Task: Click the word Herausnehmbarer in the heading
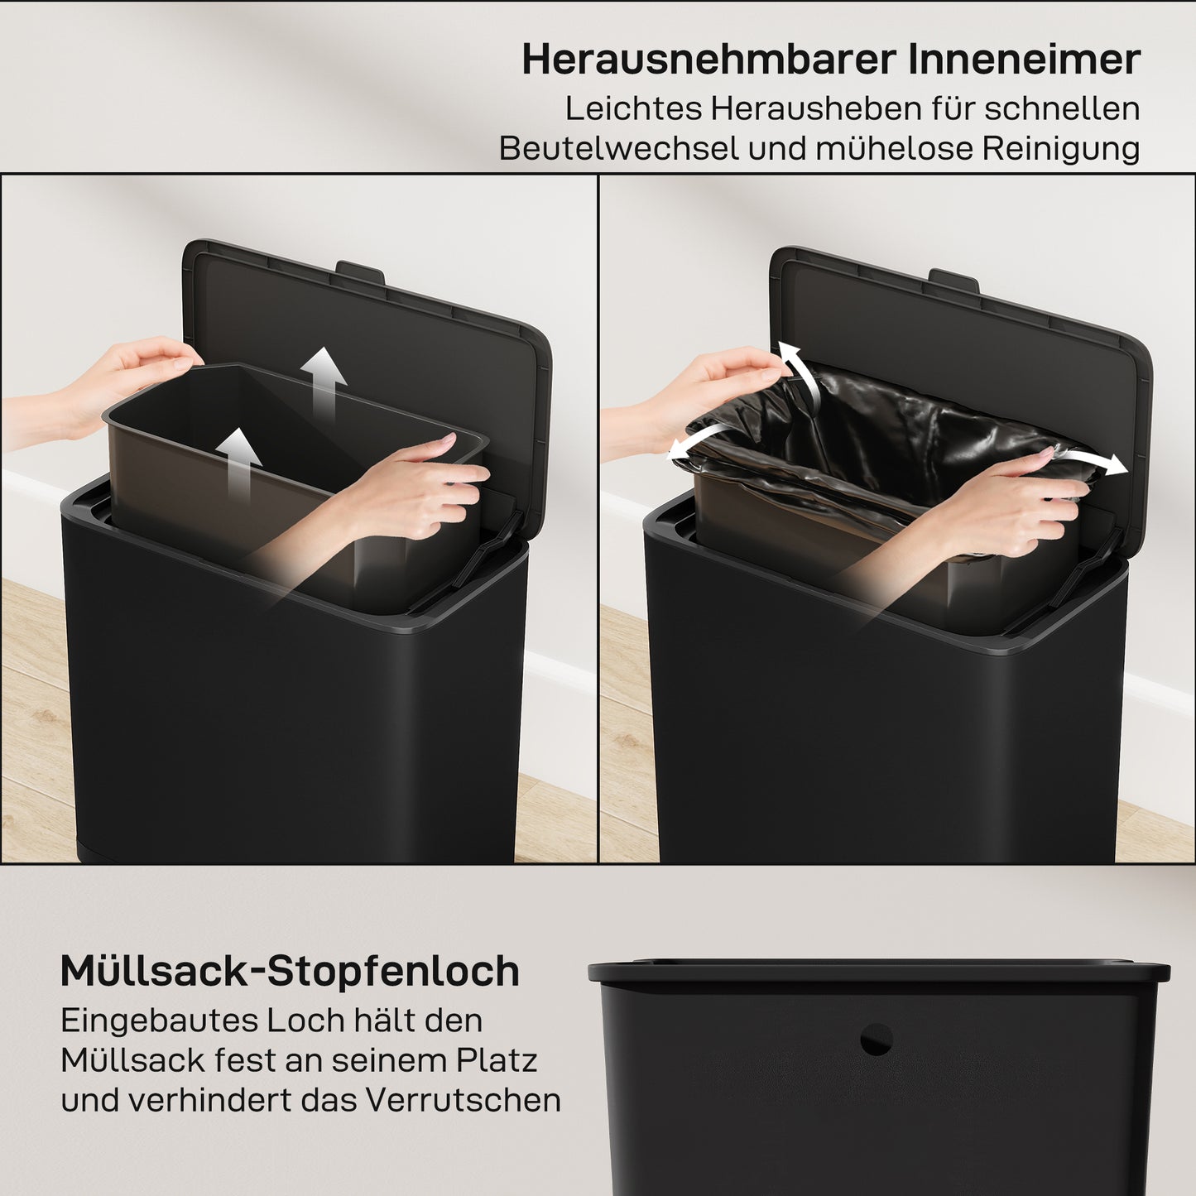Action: click(708, 60)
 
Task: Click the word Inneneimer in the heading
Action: click(1025, 60)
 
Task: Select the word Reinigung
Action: click(1060, 149)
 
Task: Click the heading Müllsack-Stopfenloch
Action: click(290, 971)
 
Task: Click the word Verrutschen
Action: click(464, 1100)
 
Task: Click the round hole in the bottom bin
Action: click(876, 1040)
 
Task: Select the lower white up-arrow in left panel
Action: click(238, 459)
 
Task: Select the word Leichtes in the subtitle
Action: click(633, 108)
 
